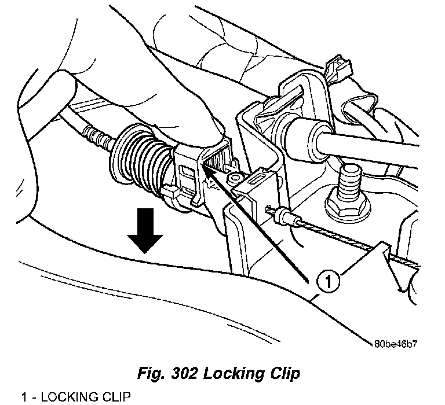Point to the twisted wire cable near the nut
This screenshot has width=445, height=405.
(336, 237)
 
